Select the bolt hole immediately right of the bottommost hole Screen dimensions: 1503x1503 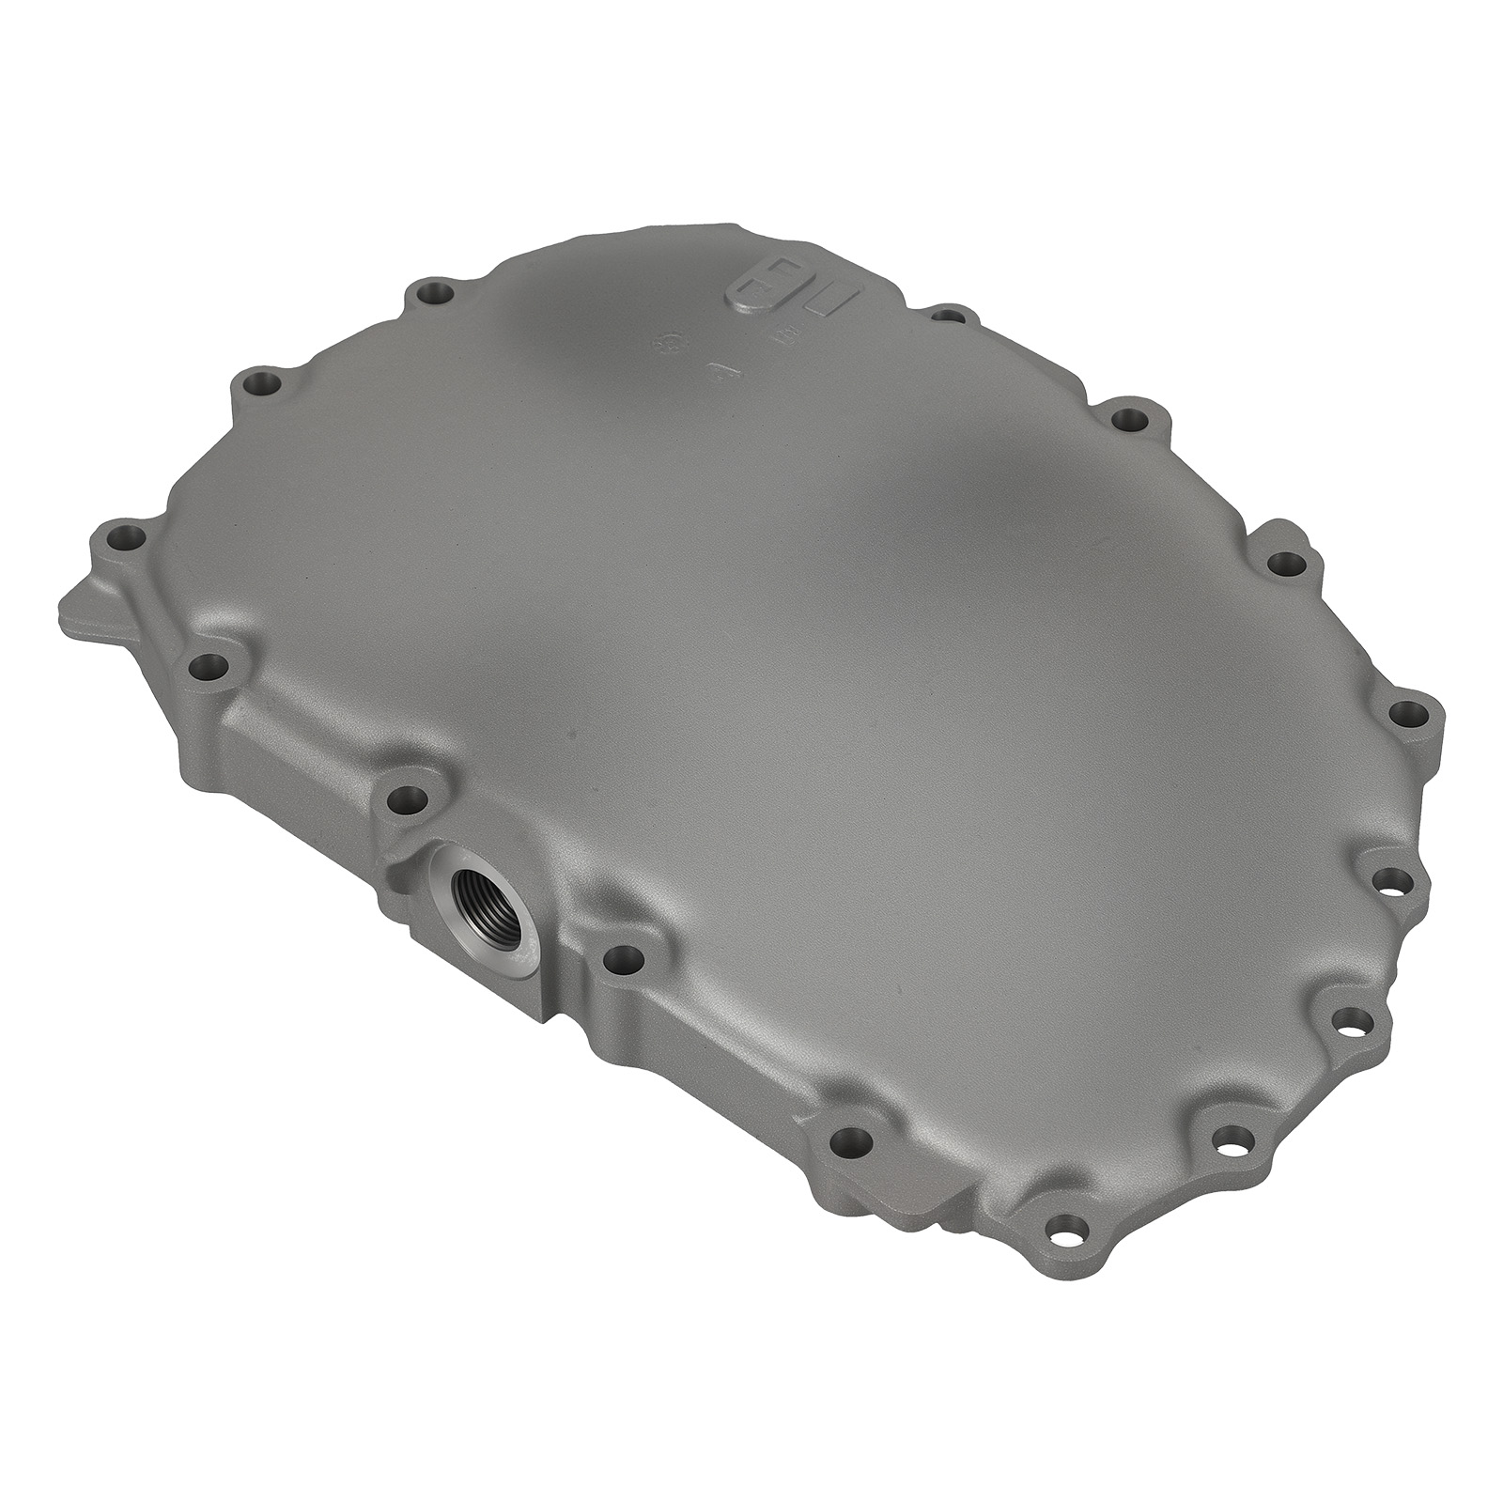(x=1225, y=1140)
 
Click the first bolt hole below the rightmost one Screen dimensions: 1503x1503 (x=1392, y=881)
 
